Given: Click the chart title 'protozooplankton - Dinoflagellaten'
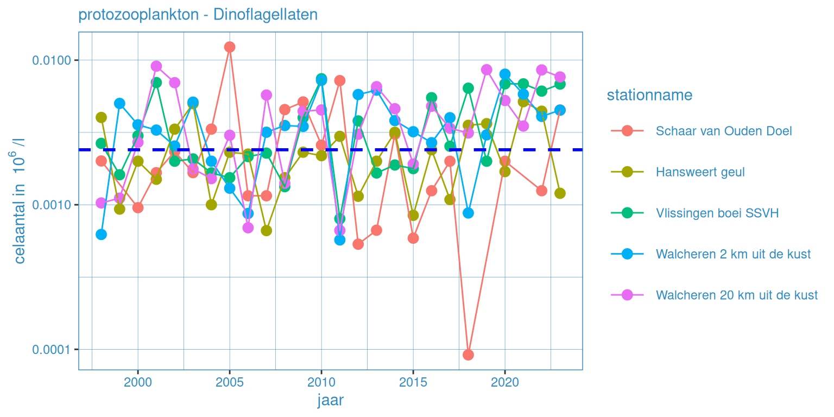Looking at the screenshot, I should point(198,15).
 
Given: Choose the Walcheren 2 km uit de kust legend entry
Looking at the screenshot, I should point(733,254).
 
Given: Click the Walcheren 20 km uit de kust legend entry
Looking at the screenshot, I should point(736,295).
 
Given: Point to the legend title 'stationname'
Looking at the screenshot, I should point(649,96).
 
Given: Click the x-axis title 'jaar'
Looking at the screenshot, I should point(330,401).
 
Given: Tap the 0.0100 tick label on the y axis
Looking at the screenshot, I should point(53,60).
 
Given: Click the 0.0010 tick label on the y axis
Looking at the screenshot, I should point(53,205).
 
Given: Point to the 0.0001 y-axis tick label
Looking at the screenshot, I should point(53,349).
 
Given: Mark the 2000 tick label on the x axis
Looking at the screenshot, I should point(138,382).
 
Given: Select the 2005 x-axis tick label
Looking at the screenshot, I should point(230,382).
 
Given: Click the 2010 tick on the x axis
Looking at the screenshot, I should point(321,382).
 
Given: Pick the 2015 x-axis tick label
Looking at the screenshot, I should point(413,382).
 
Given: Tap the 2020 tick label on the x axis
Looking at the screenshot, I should point(505,382).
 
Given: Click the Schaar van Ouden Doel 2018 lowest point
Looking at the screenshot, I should point(468,355).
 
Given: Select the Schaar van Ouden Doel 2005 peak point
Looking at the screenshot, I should point(230,47).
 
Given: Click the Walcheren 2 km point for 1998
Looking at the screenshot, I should point(101,235).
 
